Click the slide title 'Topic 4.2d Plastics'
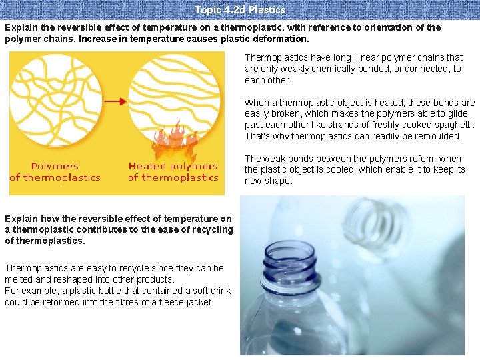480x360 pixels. [x=240, y=10]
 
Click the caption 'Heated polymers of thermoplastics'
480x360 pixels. [x=173, y=171]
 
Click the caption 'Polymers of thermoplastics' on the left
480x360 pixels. [x=55, y=171]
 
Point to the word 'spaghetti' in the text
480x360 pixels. [x=453, y=125]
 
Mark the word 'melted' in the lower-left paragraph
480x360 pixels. [x=19, y=279]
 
